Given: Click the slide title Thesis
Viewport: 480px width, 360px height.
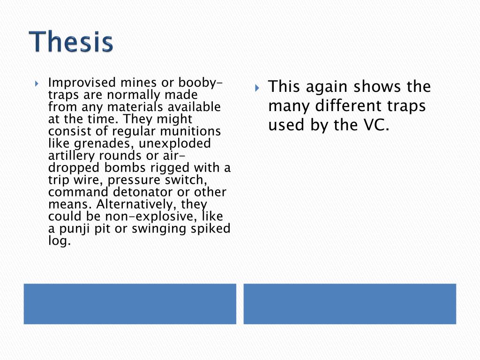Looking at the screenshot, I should click(x=72, y=42).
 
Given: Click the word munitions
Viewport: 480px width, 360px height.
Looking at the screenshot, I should click(x=190, y=131).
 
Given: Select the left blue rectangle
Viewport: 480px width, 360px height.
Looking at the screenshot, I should click(x=130, y=303).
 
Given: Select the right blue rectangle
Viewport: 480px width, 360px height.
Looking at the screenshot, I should click(x=350, y=303).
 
